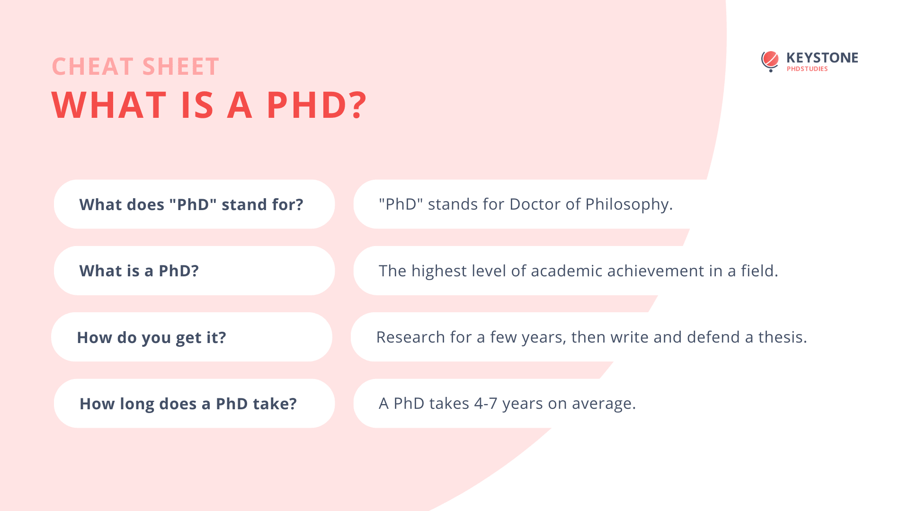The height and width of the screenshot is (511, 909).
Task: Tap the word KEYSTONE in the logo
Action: point(822,58)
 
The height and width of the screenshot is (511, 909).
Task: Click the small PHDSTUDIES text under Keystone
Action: point(807,69)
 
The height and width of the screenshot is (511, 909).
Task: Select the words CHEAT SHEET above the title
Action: point(135,66)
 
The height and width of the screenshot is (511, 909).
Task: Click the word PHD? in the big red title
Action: point(317,105)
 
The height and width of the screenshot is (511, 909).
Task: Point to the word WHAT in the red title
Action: point(109,105)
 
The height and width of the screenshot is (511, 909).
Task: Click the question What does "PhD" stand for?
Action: point(191,204)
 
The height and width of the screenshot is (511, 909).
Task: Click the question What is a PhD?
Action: point(139,271)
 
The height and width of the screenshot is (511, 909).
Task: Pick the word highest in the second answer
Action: point(439,271)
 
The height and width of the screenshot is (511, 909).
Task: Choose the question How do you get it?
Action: point(151,337)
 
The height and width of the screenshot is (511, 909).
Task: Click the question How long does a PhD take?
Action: point(188,404)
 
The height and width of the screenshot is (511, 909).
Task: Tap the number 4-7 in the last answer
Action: point(486,403)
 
